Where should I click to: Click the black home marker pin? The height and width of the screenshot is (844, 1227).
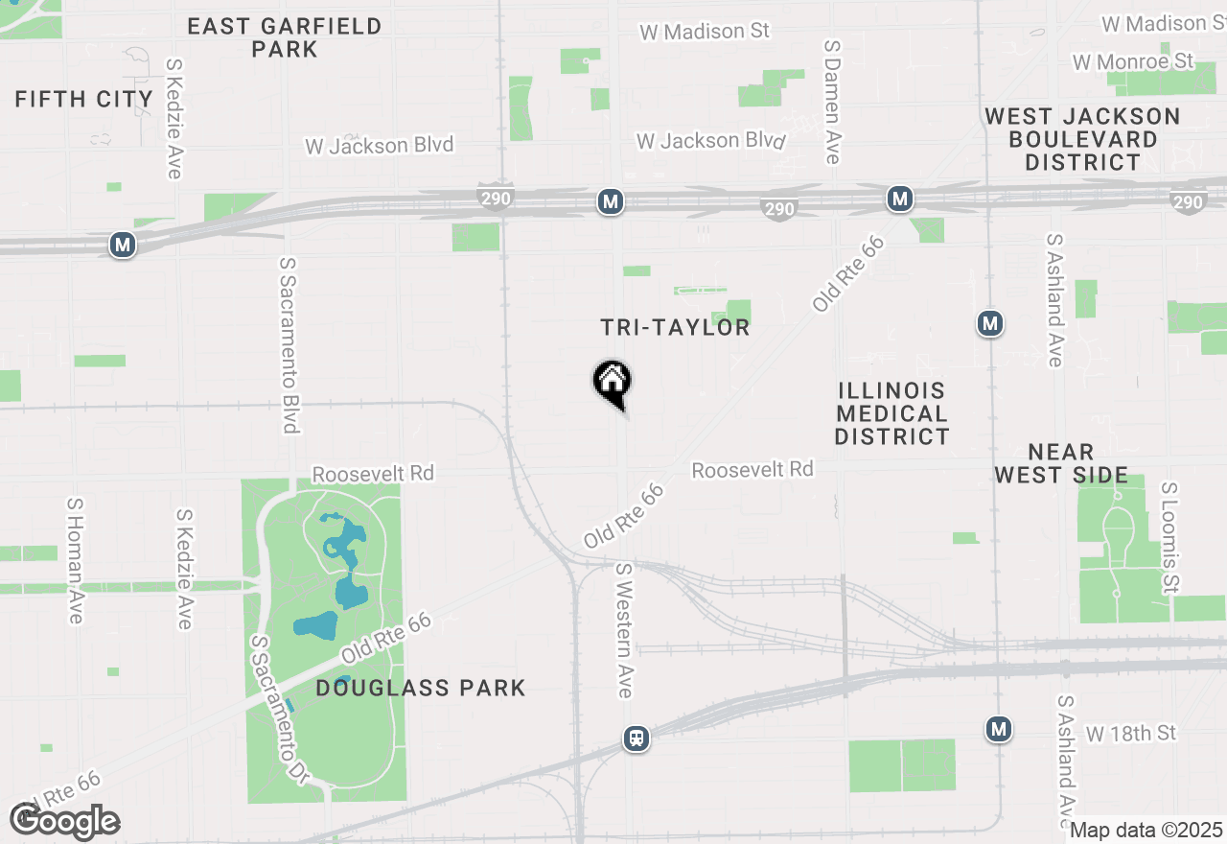pyautogui.click(x=612, y=381)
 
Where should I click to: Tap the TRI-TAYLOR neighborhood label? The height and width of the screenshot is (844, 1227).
pyautogui.click(x=675, y=328)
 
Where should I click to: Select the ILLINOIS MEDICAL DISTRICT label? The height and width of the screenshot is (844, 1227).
pyautogui.click(x=891, y=413)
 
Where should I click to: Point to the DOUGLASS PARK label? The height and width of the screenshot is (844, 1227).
pyautogui.click(x=421, y=688)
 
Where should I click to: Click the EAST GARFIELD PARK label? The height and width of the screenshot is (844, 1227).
pyautogui.click(x=285, y=37)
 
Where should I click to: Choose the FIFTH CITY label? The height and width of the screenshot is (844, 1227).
pyautogui.click(x=84, y=99)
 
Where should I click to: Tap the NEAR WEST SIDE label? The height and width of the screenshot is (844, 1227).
pyautogui.click(x=1060, y=463)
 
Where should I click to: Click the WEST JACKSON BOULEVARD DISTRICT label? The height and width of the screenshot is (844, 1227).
pyautogui.click(x=1082, y=139)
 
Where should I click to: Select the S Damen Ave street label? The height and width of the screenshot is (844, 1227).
pyautogui.click(x=832, y=102)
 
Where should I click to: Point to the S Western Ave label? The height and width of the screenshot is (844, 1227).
pyautogui.click(x=624, y=630)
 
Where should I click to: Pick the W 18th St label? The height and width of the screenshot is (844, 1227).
pyautogui.click(x=1131, y=734)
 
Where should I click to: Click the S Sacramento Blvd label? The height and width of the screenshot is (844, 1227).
pyautogui.click(x=289, y=344)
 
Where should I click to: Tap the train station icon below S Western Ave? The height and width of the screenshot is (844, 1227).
pyautogui.click(x=636, y=738)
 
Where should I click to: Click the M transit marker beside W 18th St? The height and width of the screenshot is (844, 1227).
pyautogui.click(x=999, y=730)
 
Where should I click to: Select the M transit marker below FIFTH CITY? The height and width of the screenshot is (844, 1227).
pyautogui.click(x=122, y=246)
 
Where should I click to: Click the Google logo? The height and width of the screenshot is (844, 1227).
pyautogui.click(x=64, y=821)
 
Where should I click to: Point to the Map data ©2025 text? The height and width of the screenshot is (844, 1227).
pyautogui.click(x=1146, y=830)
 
